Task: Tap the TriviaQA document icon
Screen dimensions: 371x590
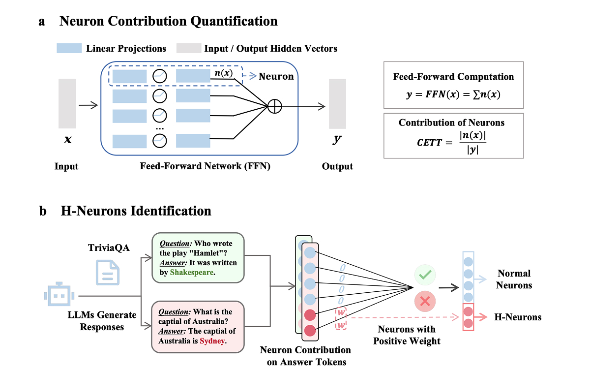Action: tap(108, 272)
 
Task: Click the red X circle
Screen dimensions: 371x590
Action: tap(425, 302)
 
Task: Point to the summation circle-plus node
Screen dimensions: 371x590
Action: tap(274, 106)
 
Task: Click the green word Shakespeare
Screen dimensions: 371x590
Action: tap(192, 272)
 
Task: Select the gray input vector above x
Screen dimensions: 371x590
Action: tap(67, 103)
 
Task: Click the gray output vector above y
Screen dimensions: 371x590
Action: tap(337, 103)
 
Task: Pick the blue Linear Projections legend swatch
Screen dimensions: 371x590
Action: tap(69, 48)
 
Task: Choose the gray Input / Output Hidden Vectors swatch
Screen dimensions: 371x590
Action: tap(189, 48)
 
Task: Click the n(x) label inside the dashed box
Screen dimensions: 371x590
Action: tap(224, 74)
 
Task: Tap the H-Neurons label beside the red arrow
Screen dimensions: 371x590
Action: tap(518, 317)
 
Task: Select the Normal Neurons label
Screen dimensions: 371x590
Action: tap(514, 279)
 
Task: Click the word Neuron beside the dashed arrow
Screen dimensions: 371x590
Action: tap(276, 76)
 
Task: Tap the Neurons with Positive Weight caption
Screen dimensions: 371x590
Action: tap(408, 335)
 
